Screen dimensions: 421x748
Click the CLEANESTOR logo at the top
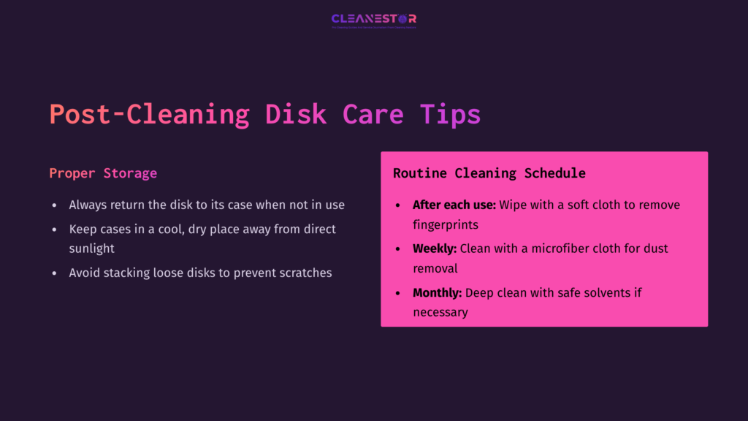coord(373,20)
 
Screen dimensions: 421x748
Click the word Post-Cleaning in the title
coord(149,115)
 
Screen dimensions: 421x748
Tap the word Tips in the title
coord(450,115)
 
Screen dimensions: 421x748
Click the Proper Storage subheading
coord(103,173)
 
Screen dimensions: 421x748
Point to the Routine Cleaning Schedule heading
coord(489,173)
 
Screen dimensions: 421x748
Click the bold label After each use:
coord(454,205)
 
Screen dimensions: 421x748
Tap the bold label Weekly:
coord(435,249)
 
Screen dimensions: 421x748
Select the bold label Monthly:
coord(437,292)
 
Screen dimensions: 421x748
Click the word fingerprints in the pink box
coord(446,224)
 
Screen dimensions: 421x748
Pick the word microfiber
coord(549,249)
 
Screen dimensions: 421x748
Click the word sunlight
coord(92,249)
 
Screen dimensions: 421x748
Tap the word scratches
coord(305,273)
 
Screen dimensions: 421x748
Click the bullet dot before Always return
coord(54,205)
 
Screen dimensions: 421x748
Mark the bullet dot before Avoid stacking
coord(54,273)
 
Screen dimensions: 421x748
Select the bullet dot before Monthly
coord(397,293)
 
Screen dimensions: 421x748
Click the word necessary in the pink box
coord(440,312)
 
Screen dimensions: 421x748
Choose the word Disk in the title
coord(295,115)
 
